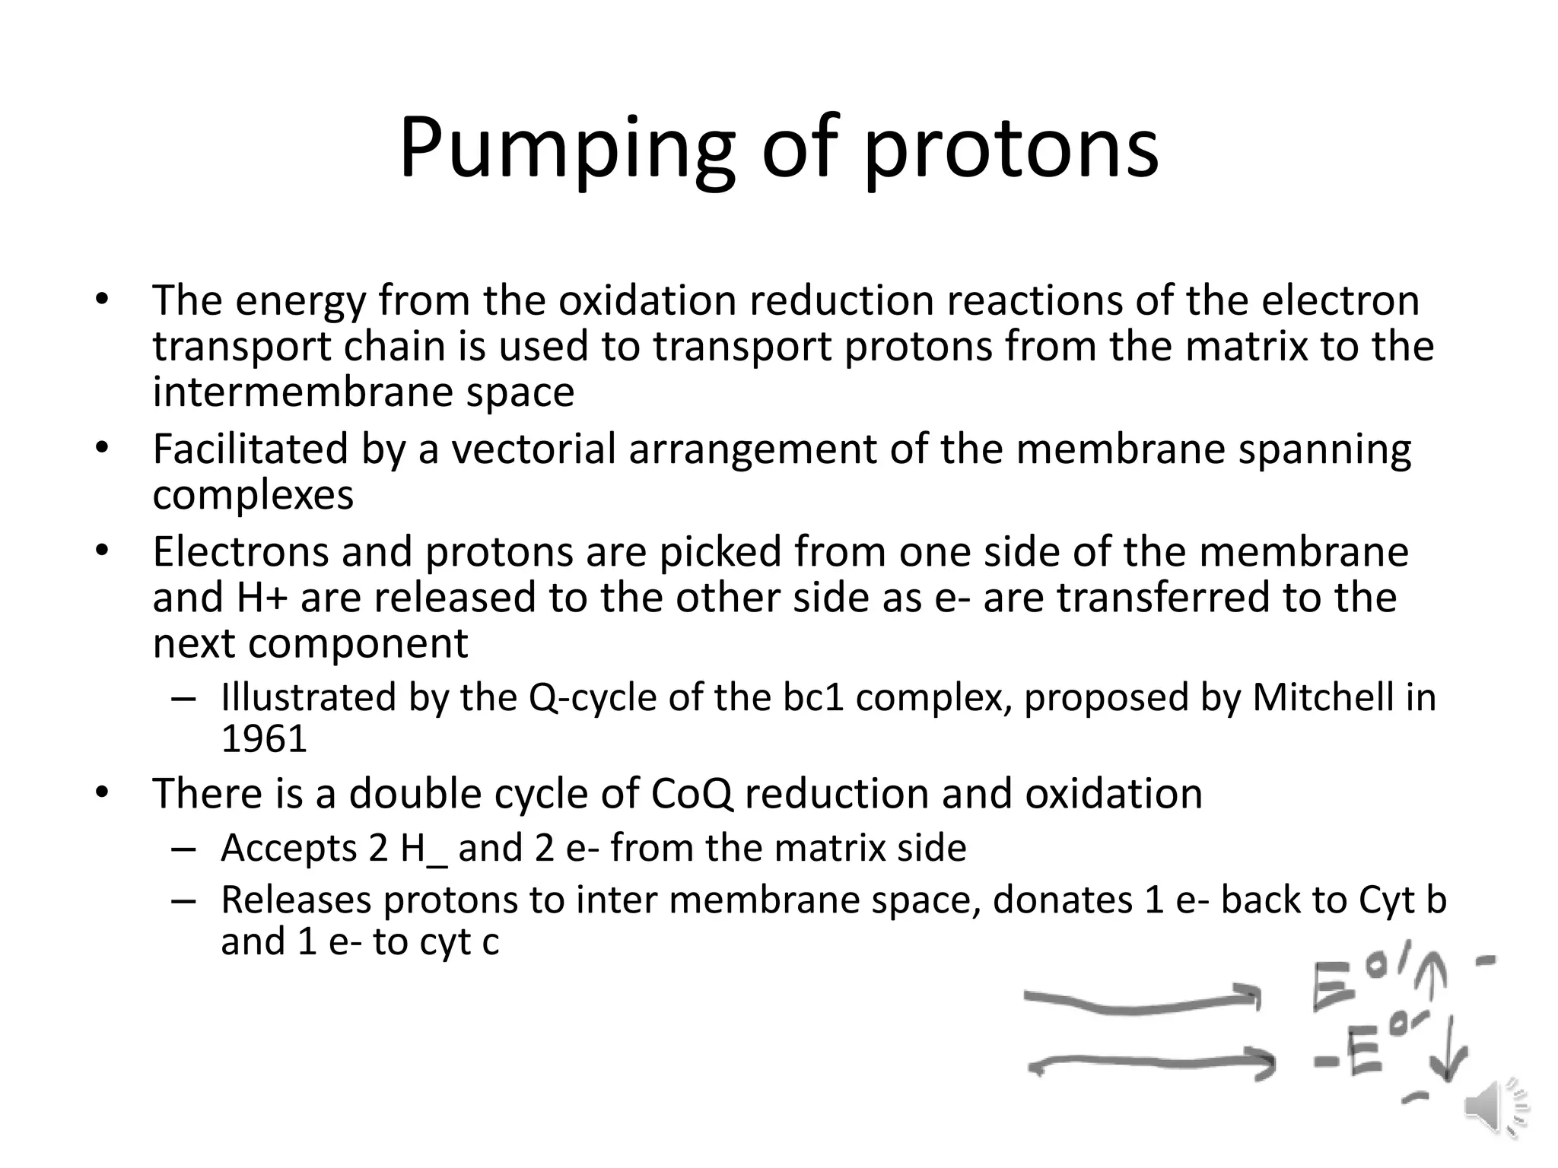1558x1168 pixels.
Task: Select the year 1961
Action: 264,738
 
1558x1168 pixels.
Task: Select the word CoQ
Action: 692,794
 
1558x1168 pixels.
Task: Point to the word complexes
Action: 253,495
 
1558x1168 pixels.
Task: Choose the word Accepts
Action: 289,848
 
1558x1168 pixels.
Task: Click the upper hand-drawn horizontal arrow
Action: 1141,1001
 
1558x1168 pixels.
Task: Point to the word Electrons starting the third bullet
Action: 241,552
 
